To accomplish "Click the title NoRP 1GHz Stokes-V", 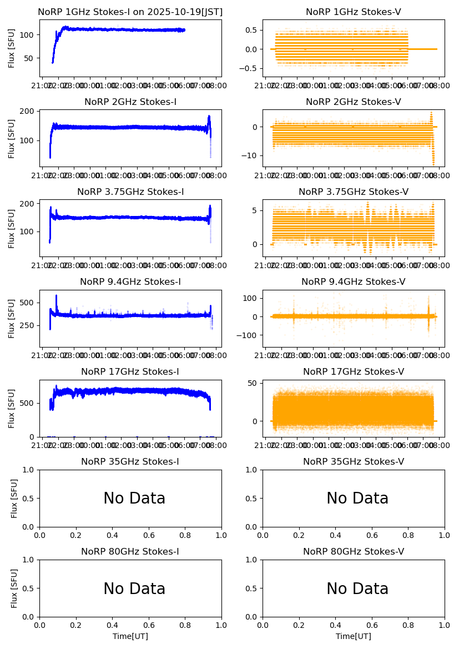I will coord(354,12).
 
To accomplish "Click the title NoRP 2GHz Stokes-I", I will coord(130,102).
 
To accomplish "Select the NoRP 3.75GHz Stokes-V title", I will coord(354,192).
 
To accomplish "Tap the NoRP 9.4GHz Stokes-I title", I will coord(130,282).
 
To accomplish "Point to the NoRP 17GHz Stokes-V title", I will coord(354,372).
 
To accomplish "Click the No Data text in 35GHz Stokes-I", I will coord(134,499).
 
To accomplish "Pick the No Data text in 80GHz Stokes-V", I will coord(357,588).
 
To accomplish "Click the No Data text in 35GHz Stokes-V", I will coord(357,499).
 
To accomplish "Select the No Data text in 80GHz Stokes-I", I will coord(134,588).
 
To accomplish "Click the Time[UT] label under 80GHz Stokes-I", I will coord(130,636).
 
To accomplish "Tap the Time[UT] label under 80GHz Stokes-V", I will coord(354,636).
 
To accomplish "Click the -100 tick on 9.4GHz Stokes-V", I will coord(250,335).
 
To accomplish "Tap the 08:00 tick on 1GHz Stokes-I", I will coord(215,85).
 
